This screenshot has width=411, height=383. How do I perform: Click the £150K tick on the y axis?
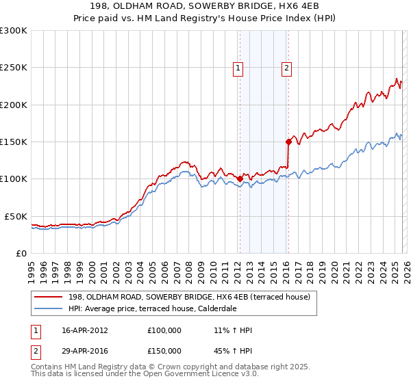click(15, 142)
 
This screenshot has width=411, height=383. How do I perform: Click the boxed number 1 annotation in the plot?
click(238, 68)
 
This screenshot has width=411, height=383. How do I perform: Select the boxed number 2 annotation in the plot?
click(286, 68)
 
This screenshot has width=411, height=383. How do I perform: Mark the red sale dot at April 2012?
click(240, 179)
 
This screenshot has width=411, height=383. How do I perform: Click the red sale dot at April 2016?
click(288, 142)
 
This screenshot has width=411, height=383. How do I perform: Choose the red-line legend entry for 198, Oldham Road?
click(190, 297)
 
